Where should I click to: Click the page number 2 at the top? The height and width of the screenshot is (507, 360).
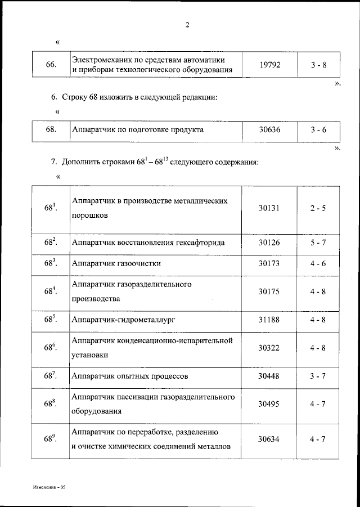coord(187,25)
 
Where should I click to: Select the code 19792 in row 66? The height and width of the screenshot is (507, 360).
coord(269,65)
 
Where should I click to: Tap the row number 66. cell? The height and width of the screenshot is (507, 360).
coord(50,65)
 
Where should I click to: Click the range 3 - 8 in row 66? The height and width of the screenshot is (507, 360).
coord(318,65)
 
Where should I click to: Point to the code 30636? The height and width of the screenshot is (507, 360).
coord(269,130)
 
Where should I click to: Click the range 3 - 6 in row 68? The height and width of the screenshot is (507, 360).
coord(318,130)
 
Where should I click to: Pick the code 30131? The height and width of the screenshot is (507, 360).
coord(269,208)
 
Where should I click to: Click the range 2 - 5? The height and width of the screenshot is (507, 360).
coord(318,208)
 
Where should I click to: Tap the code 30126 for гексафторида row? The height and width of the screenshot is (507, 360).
coord(269,243)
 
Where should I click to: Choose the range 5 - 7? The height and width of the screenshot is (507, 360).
coord(318,243)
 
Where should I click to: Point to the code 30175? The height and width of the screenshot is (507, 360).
coord(269,291)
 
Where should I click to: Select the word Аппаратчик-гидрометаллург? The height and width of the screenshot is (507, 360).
coord(124,319)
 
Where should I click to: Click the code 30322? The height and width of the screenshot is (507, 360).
coord(269,347)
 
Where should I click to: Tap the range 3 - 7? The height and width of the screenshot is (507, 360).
coord(318,375)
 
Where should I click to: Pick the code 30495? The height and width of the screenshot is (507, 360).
coord(269,403)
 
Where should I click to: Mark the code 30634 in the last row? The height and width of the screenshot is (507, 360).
coord(269,438)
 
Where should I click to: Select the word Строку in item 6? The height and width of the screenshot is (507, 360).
coord(75,97)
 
